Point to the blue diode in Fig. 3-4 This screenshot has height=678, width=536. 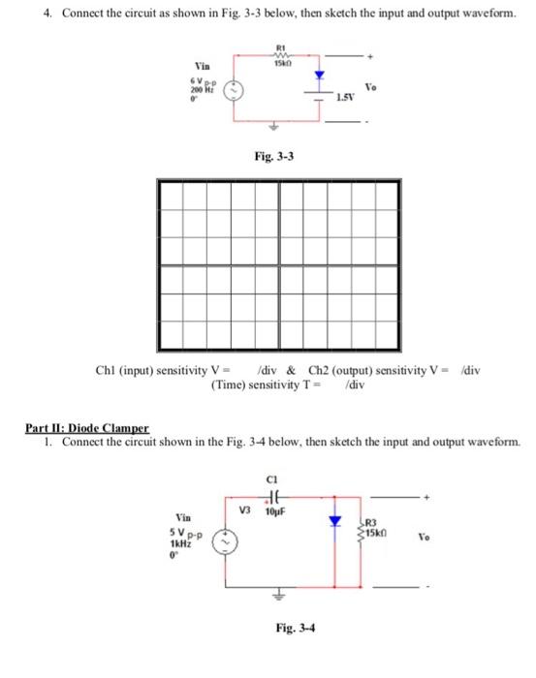[x=334, y=521]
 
